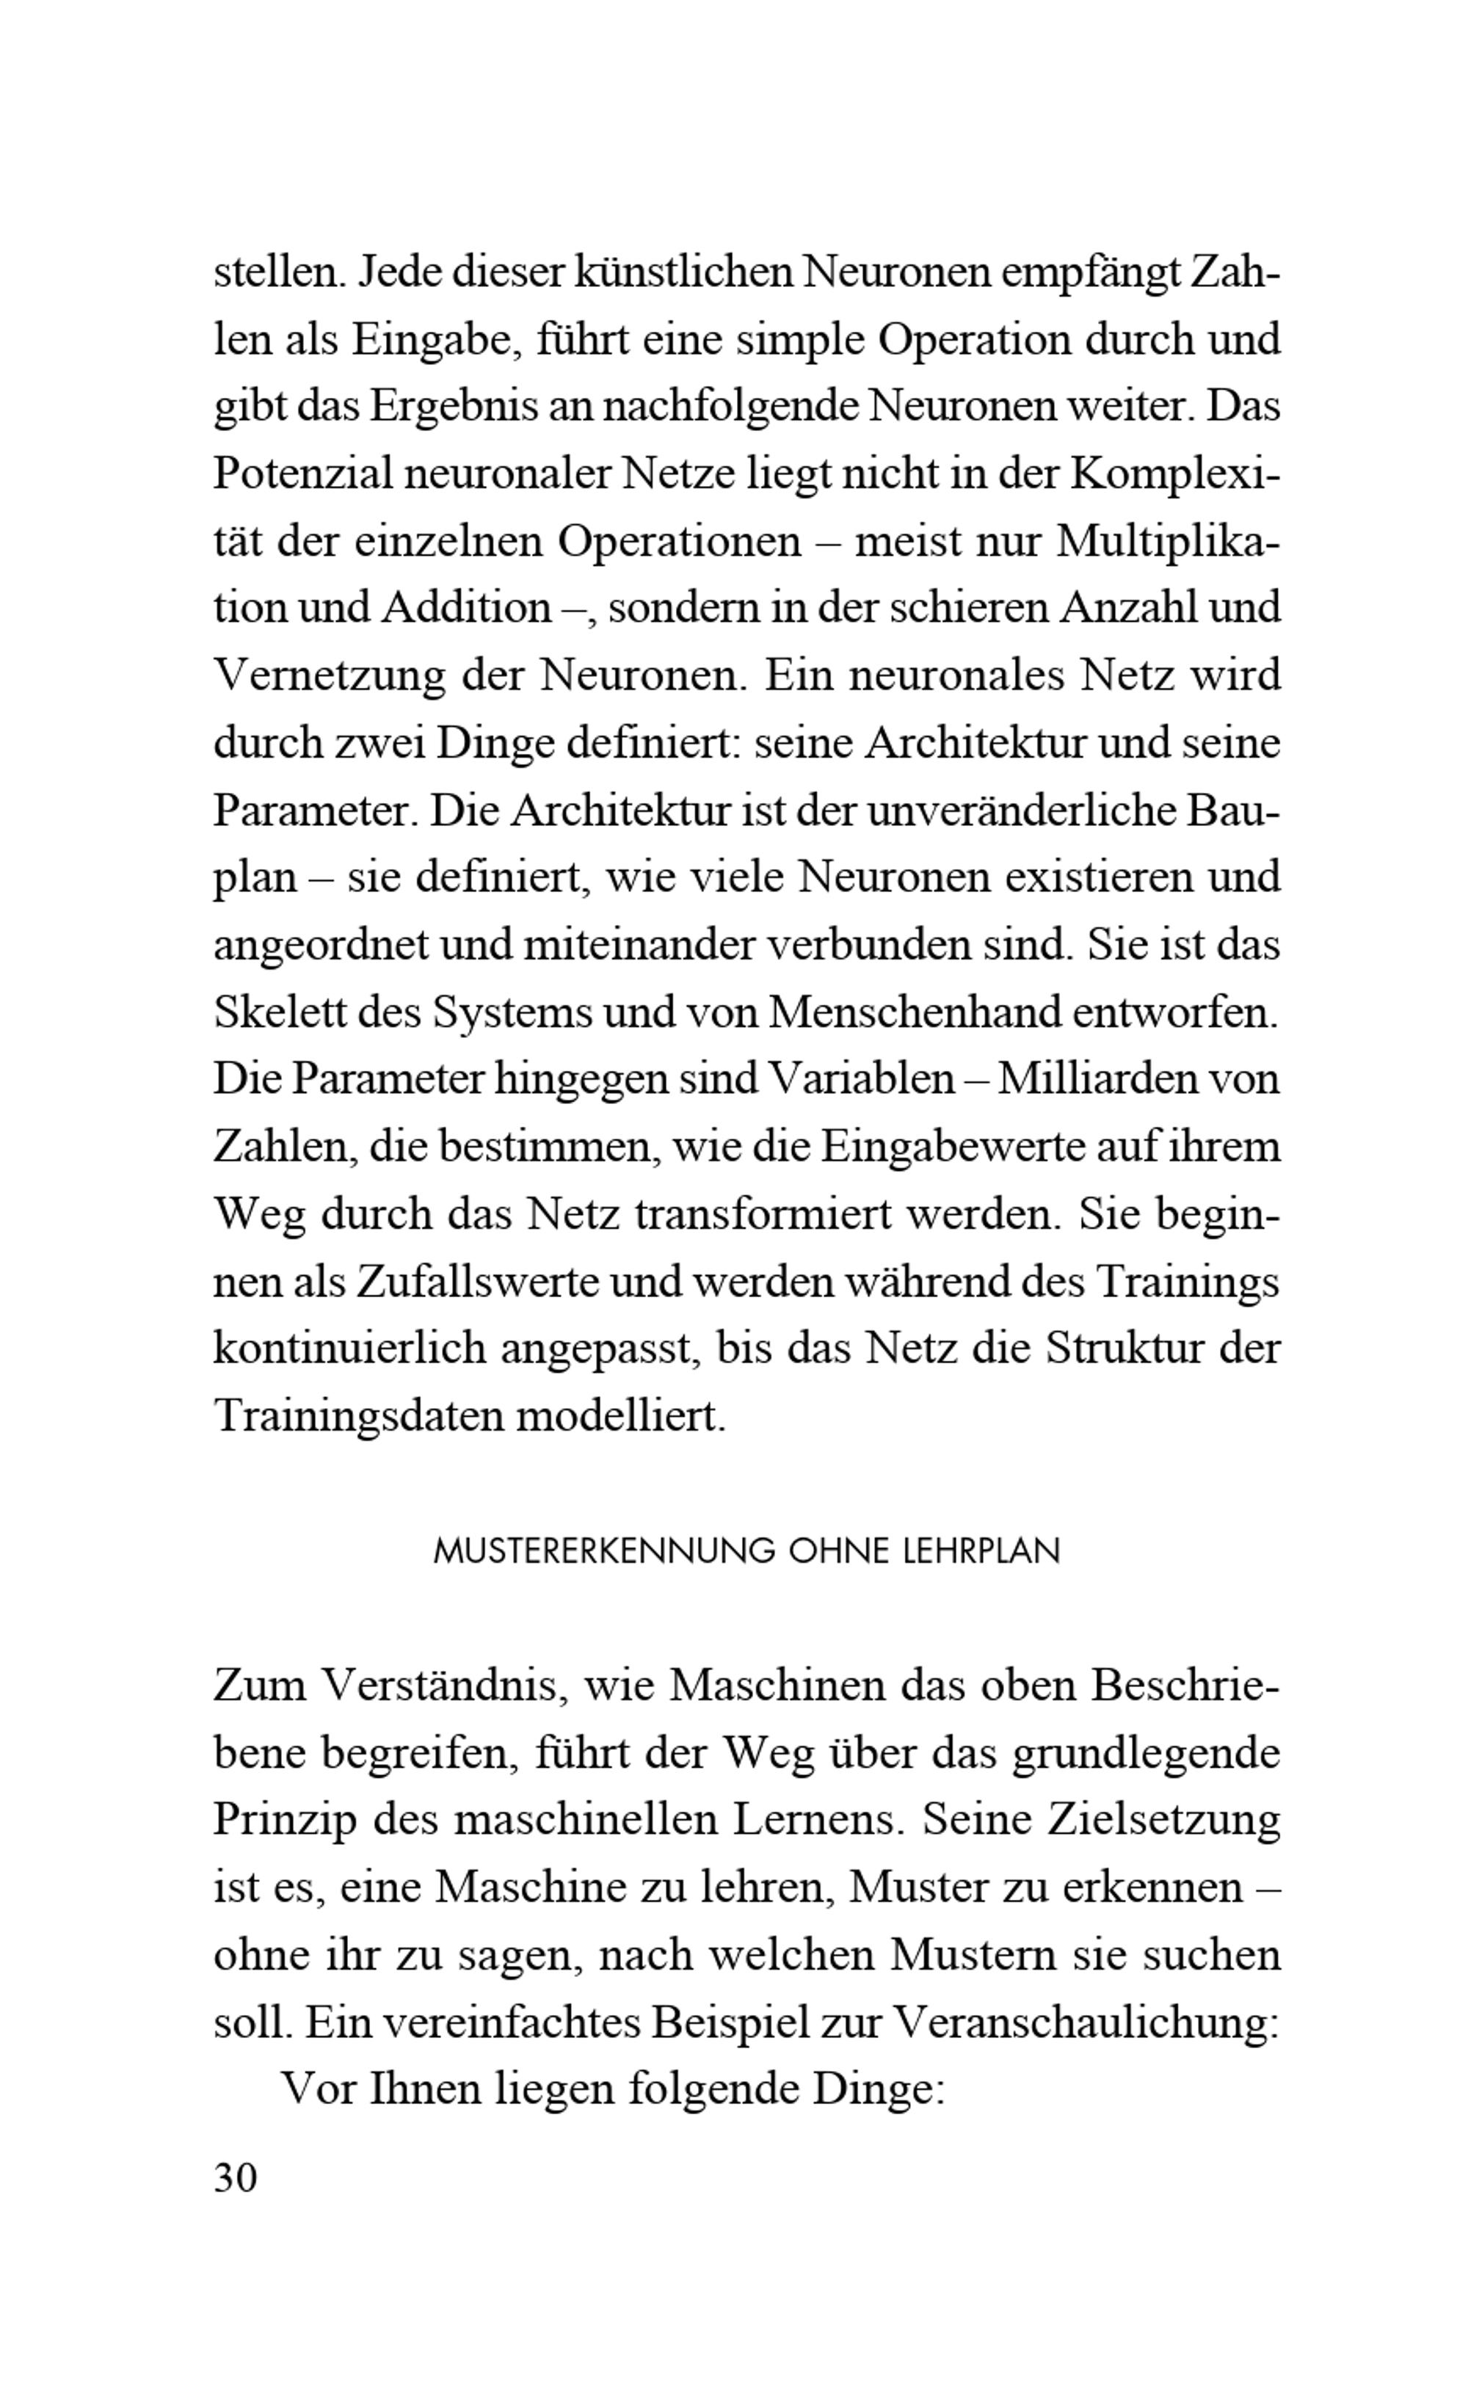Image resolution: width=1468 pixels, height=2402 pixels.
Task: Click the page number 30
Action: click(x=235, y=2177)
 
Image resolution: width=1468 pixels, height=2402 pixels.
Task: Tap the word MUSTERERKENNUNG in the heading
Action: click(x=603, y=1551)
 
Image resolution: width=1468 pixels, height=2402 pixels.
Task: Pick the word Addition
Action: click(x=466, y=609)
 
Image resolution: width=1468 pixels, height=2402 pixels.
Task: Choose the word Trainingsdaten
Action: click(x=357, y=1416)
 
